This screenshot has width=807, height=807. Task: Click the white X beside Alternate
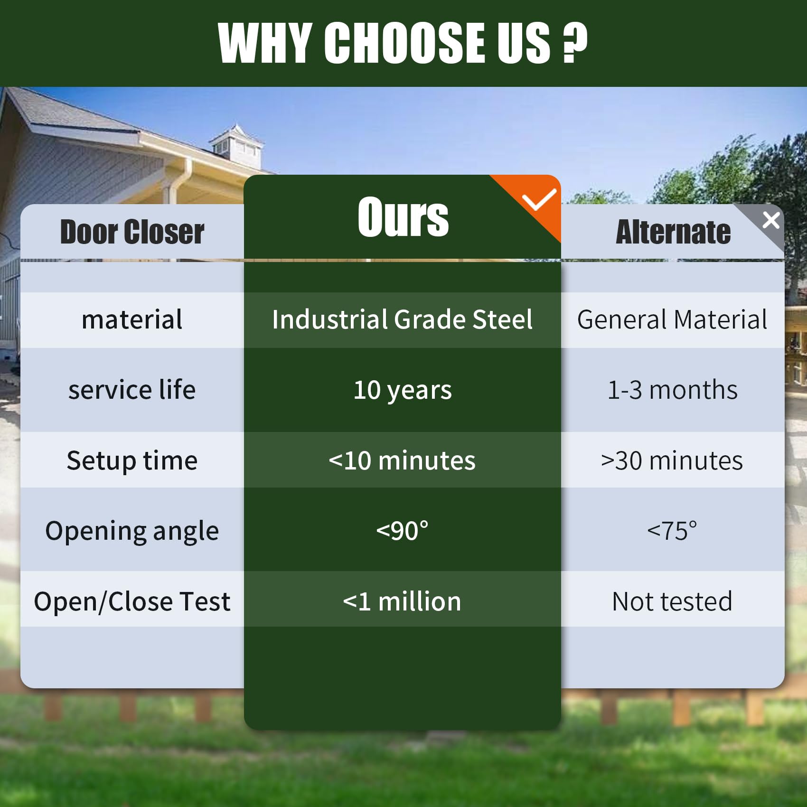771,220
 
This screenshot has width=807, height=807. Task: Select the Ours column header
403,217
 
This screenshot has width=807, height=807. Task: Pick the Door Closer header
132,232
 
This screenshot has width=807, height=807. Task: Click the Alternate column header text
673,232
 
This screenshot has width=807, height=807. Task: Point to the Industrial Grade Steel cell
403,319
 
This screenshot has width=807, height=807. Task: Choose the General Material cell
672,319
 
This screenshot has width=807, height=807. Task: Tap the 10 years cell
403,391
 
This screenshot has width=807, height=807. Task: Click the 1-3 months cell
673,390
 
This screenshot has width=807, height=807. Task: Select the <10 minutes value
402,460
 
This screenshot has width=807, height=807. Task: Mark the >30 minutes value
672,460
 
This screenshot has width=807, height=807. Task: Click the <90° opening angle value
403,531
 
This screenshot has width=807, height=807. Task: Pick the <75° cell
672,531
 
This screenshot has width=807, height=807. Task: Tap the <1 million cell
402,601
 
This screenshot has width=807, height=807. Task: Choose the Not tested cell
672,601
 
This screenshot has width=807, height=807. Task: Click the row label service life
132,390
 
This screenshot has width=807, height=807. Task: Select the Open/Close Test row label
132,601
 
